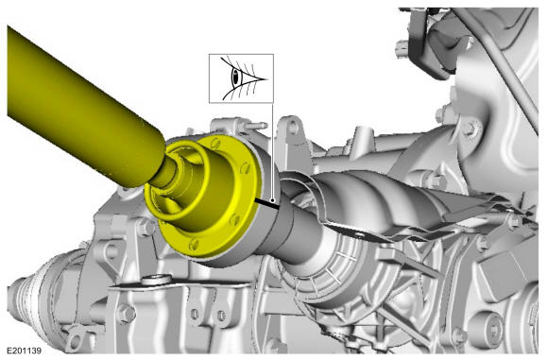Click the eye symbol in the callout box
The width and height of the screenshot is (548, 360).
tap(241, 77)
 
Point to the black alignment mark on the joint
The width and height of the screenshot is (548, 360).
tap(267, 203)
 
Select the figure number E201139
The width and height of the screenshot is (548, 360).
tap(25, 351)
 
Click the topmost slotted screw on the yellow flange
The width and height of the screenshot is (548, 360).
tap(216, 143)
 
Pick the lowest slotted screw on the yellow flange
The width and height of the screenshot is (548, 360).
tap(194, 244)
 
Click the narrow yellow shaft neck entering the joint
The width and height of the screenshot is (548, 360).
tap(165, 173)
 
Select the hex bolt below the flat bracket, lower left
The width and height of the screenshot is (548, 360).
tap(126, 314)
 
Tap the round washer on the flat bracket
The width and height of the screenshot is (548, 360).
tap(157, 280)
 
